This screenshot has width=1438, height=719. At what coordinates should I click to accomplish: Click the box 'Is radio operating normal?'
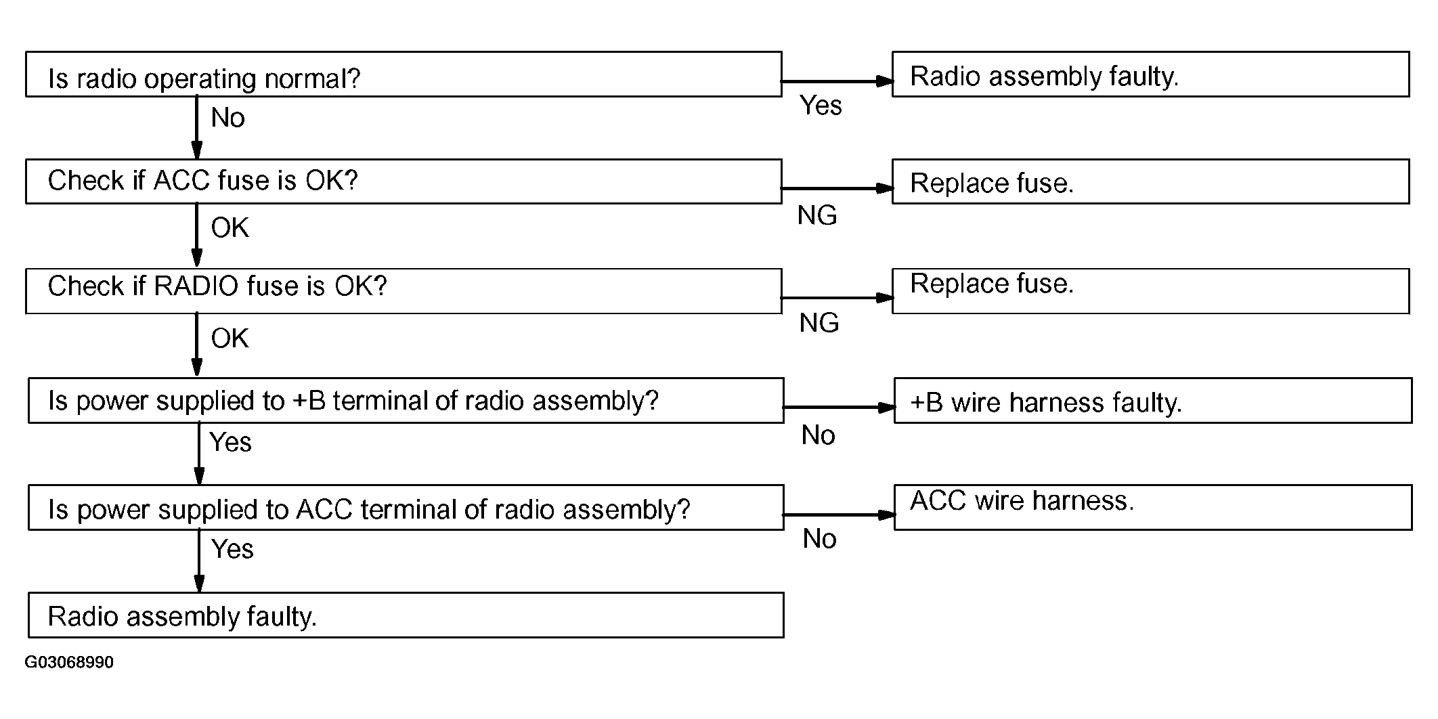coord(404,74)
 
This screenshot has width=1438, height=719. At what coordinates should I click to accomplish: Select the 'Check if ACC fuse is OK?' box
coord(404,181)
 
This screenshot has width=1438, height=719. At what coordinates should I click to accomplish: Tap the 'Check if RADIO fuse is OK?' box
coord(404,291)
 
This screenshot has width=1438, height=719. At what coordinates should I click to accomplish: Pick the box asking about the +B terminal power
coord(406,401)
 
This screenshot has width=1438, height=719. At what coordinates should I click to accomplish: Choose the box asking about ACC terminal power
coord(406,507)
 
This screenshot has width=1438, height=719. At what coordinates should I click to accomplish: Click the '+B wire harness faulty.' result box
coord(1153,401)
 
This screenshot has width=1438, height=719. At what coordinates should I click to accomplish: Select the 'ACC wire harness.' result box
coord(1153,507)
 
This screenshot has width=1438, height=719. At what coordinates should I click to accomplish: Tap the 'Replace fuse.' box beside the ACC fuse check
coord(1151,181)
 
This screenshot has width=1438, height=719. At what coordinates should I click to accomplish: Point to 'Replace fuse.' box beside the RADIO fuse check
coord(1151,291)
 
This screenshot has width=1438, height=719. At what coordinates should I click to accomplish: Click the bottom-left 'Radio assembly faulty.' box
coord(406,615)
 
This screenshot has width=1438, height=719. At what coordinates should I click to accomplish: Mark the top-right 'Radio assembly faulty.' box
coord(1151,74)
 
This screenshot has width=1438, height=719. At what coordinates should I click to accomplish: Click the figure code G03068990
coord(69,662)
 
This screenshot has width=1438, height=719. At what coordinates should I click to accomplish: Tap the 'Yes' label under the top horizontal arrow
coord(821,106)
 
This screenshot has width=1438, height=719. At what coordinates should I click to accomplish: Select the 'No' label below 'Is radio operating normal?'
coord(227,118)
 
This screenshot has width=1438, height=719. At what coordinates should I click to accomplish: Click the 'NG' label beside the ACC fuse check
coord(817,215)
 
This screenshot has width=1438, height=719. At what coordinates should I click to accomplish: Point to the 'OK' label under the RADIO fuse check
coord(230,338)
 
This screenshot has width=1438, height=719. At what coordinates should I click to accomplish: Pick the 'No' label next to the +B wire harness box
coord(818,435)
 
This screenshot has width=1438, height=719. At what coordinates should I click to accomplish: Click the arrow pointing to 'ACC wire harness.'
coord(839,515)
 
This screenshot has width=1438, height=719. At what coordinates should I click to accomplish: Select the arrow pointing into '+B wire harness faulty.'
coord(839,408)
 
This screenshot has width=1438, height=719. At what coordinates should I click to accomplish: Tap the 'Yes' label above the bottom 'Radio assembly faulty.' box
coord(232,549)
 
